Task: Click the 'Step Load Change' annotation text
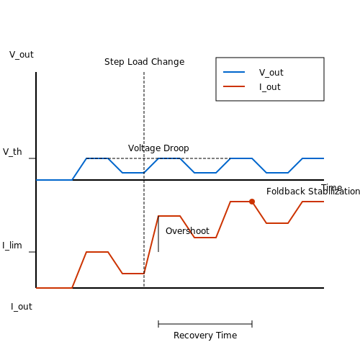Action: [145, 62]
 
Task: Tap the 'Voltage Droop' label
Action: [158, 148]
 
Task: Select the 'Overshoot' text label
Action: [187, 231]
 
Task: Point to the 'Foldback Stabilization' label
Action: [313, 192]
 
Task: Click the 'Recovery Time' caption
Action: [205, 336]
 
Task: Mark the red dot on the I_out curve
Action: [252, 202]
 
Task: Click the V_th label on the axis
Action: [12, 152]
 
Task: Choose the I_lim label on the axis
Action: [12, 246]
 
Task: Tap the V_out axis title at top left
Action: [22, 55]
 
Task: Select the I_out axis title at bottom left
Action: [22, 307]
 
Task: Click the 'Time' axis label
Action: [332, 187]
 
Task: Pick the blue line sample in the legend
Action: [234, 72]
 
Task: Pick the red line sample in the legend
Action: [234, 86]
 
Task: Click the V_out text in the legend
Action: [271, 73]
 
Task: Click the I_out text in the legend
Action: [270, 87]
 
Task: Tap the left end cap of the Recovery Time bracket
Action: [158, 324]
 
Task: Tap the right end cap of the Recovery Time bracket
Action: [252, 324]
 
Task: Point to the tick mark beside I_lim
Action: [32, 252]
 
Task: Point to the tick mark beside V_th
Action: [32, 158]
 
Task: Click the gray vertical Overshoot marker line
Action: [158, 234]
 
